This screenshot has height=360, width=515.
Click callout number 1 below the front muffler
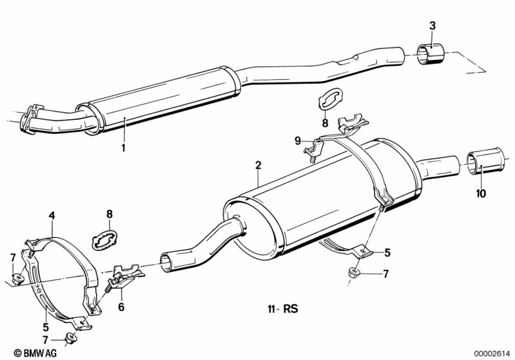click(122, 148)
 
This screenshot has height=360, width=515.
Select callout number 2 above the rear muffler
click(258, 166)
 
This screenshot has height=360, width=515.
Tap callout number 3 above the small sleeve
click(432, 26)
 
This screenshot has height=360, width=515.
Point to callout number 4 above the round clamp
click(52, 215)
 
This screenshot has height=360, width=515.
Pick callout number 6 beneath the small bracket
click(121, 307)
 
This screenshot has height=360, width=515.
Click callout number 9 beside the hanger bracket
click(298, 140)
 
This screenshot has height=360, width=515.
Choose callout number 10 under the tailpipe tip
click(481, 193)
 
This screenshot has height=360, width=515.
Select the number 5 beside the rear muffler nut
click(388, 252)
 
